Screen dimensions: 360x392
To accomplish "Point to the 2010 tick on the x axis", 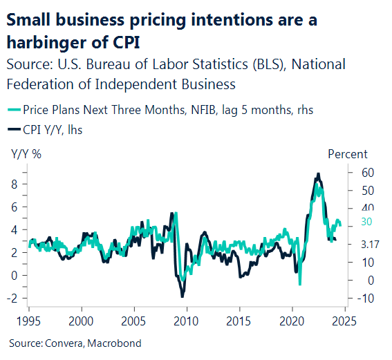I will click(x=186, y=321).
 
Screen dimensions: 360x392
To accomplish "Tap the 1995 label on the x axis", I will click(x=28, y=321).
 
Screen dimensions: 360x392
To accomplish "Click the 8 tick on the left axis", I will click(x=14, y=184).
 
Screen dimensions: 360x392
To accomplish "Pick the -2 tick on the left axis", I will click(x=12, y=298).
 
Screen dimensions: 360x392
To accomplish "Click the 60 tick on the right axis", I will click(x=366, y=172).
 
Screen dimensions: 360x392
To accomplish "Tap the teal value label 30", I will click(x=366, y=222).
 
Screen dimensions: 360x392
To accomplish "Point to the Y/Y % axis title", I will click(x=26, y=154).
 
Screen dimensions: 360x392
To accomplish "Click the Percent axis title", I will click(x=347, y=154).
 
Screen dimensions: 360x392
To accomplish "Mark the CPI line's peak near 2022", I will click(x=317, y=173).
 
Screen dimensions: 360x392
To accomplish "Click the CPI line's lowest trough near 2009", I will click(x=183, y=296).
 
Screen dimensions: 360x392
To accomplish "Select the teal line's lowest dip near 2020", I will click(x=299, y=284).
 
